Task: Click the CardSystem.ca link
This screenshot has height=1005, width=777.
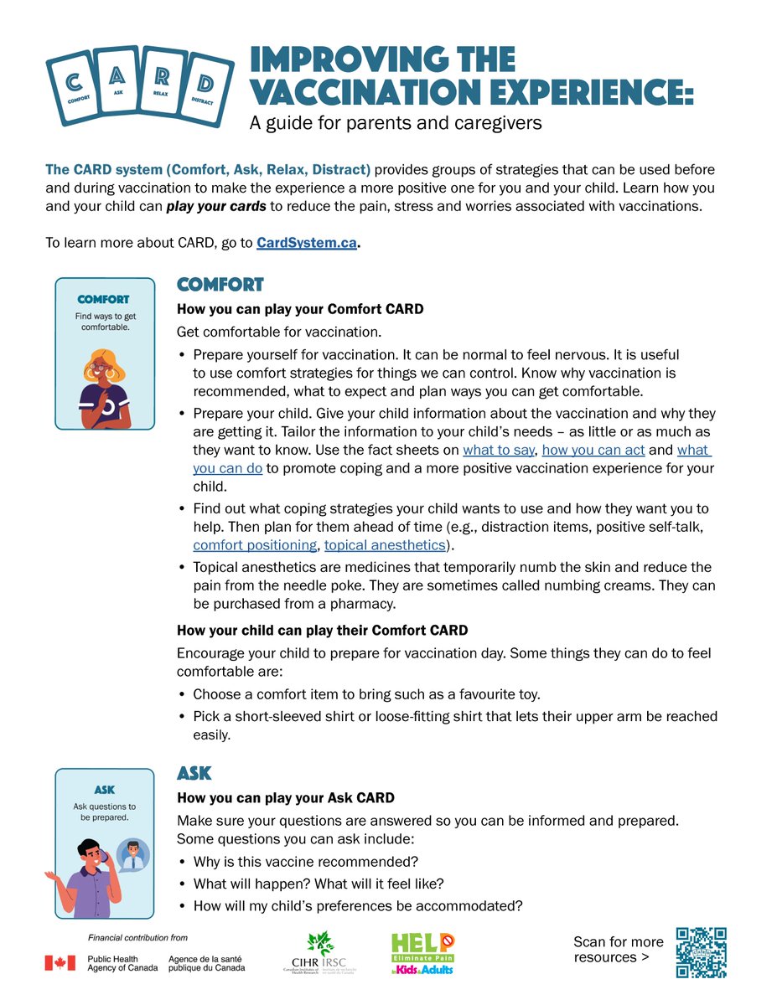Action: [x=307, y=244]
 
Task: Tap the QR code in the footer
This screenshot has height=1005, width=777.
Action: [x=701, y=952]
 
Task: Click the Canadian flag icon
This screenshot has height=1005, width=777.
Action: [x=60, y=963]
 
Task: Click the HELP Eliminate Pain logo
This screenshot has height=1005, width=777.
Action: [x=423, y=953]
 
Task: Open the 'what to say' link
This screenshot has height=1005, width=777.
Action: [x=499, y=451]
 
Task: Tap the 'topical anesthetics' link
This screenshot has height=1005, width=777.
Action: [x=385, y=545]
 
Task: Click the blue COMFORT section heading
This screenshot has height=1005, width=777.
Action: [x=220, y=286]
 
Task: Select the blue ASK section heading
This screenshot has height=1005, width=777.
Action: [x=194, y=772]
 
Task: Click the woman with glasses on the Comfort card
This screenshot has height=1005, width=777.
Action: [x=104, y=386]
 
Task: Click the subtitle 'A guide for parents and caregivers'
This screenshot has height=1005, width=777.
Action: [x=396, y=123]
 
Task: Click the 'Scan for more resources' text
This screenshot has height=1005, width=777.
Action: [x=618, y=950]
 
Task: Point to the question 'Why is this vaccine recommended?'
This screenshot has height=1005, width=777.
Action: [x=306, y=862]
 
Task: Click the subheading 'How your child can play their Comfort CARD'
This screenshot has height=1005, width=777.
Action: [x=322, y=631]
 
